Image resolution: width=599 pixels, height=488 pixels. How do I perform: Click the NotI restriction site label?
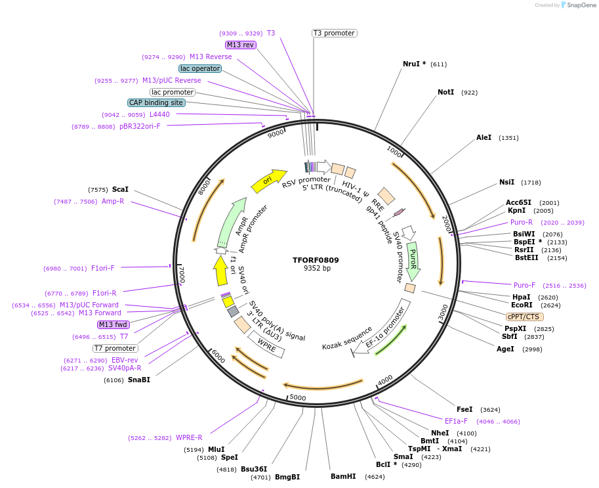pyautogui.click(x=445, y=92)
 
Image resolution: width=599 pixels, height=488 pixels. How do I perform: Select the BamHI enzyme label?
pyautogui.click(x=343, y=476)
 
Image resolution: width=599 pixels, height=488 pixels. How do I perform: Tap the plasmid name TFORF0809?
pyautogui.click(x=316, y=260)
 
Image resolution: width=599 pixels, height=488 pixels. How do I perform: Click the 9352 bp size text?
pyautogui.click(x=316, y=269)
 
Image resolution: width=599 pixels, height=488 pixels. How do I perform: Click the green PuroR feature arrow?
pyautogui.click(x=413, y=261)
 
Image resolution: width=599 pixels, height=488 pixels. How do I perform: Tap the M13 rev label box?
pyautogui.click(x=240, y=45)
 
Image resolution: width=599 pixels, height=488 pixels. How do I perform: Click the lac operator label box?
pyautogui.click(x=199, y=68)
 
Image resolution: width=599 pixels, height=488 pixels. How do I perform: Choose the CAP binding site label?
pyautogui.click(x=156, y=102)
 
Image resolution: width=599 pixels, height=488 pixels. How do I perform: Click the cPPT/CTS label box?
pyautogui.click(x=524, y=317)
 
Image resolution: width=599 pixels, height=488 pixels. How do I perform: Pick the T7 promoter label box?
pyautogui.click(x=115, y=348)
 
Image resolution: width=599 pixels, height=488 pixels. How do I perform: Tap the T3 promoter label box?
pyautogui.click(x=334, y=33)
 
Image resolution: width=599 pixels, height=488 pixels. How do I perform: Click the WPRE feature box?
pyautogui.click(x=266, y=344)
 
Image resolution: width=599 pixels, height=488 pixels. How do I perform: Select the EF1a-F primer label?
pyautogui.click(x=456, y=421)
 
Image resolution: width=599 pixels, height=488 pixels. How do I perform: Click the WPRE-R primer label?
pyautogui.click(x=189, y=437)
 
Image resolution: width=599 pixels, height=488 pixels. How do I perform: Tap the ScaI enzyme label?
pyautogui.click(x=120, y=189)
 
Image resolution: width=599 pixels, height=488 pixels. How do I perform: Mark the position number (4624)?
pyautogui.click(x=375, y=476)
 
